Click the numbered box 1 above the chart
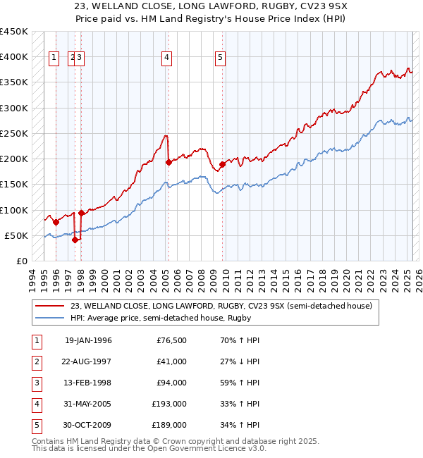click(54, 58)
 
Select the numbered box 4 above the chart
click(167, 58)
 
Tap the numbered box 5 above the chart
click(221, 58)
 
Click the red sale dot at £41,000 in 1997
click(75, 240)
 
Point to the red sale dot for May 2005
click(168, 162)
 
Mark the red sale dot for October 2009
click(222, 164)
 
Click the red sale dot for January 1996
click(56, 221)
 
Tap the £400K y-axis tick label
click(14, 57)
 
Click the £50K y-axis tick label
click(17, 235)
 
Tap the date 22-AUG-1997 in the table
click(88, 361)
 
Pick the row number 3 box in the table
click(35, 383)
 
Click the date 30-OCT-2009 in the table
click(88, 425)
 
